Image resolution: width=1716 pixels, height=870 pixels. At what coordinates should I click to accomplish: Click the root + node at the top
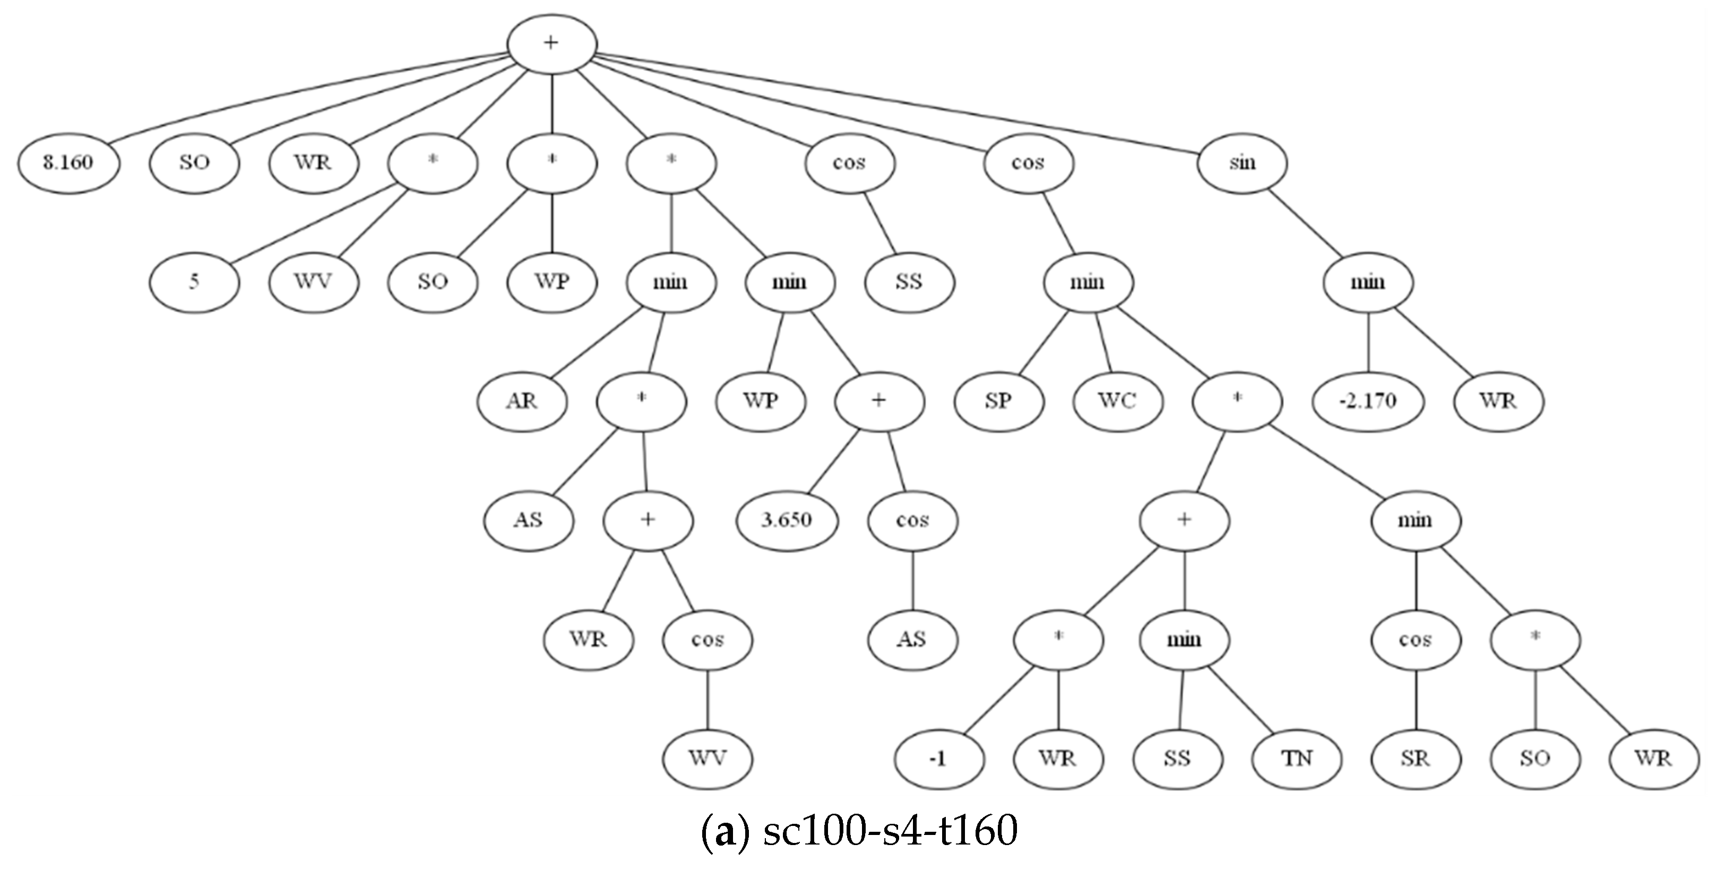[x=551, y=44]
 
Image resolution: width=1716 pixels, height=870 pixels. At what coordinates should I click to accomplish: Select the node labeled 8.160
[x=68, y=163]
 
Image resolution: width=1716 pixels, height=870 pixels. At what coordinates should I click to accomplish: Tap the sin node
[x=1241, y=163]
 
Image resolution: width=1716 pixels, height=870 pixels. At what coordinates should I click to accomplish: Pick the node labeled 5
[x=194, y=282]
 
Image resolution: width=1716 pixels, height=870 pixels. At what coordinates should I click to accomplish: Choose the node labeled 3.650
[x=787, y=520]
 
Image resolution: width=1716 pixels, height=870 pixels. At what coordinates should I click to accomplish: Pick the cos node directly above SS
[x=849, y=163]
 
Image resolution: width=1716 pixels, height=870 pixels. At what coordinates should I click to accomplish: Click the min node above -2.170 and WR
[x=1368, y=282]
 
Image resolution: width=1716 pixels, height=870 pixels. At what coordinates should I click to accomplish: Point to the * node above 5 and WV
[x=433, y=163]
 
